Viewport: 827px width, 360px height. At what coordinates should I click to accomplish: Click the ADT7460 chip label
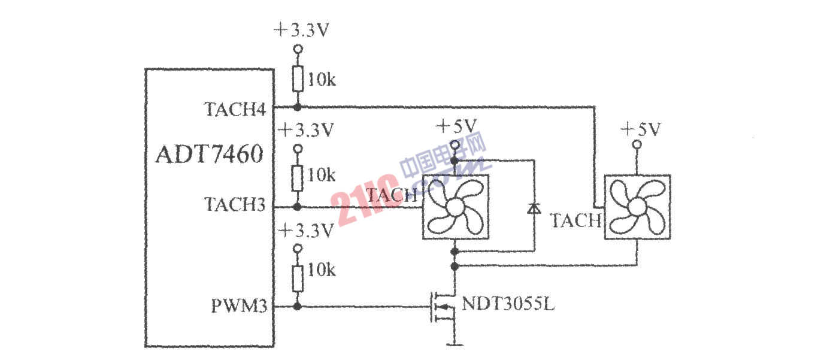pyautogui.click(x=210, y=154)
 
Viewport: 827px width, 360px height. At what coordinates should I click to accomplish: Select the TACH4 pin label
pyautogui.click(x=235, y=109)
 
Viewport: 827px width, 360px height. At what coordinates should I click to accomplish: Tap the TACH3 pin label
pyautogui.click(x=235, y=204)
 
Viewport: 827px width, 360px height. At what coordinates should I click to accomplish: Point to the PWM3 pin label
pyautogui.click(x=239, y=305)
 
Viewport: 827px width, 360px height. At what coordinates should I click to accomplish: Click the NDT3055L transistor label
pyautogui.click(x=508, y=304)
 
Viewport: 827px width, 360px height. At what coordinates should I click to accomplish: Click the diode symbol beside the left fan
pyautogui.click(x=534, y=208)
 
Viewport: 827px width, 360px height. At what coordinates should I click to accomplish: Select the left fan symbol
pyautogui.click(x=456, y=207)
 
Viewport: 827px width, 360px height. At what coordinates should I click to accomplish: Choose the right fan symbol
pyautogui.click(x=637, y=207)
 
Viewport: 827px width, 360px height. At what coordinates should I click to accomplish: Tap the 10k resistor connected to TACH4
pyautogui.click(x=298, y=78)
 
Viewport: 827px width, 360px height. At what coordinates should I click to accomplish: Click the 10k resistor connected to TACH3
pyautogui.click(x=297, y=179)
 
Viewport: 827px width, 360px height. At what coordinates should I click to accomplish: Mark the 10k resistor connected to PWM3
pyautogui.click(x=298, y=279)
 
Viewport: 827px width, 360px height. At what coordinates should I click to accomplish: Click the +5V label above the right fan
pyautogui.click(x=641, y=129)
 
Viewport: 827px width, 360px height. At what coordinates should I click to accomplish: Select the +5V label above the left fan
pyautogui.click(x=456, y=126)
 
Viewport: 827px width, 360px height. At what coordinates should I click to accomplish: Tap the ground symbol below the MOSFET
pyautogui.click(x=455, y=345)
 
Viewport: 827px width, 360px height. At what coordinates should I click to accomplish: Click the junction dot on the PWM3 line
pyautogui.click(x=297, y=307)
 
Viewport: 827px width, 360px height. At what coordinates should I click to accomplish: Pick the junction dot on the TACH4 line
pyautogui.click(x=297, y=107)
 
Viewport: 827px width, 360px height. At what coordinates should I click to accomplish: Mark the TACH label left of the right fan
pyautogui.click(x=576, y=220)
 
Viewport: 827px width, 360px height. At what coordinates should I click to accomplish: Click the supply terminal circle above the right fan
pyautogui.click(x=637, y=144)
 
